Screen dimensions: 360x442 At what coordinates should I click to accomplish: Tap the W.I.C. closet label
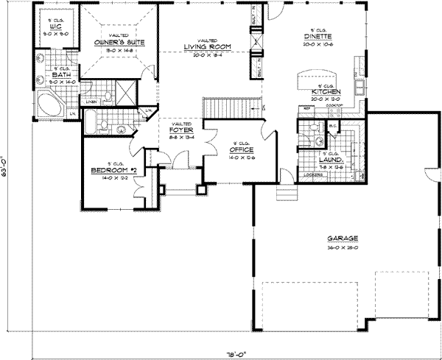pyautogui.click(x=52, y=27)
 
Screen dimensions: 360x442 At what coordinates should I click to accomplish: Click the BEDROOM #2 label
pyautogui.click(x=104, y=170)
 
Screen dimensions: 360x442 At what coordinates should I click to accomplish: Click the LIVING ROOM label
pyautogui.click(x=207, y=48)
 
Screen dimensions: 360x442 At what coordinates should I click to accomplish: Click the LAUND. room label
pyautogui.click(x=328, y=158)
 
